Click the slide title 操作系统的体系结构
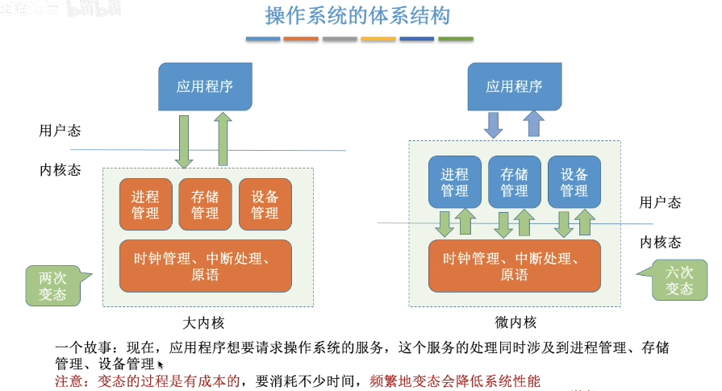pos(357,16)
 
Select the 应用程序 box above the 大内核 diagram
pos(205,86)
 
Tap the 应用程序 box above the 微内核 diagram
pos(514,86)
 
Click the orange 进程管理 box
pos(145,204)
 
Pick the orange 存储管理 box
pos(205,204)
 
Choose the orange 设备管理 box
pos(265,204)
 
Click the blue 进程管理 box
pos(454,181)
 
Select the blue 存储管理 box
pos(514,181)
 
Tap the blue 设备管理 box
pos(574,181)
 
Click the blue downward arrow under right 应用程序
pos(493,124)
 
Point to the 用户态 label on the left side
pos(60,131)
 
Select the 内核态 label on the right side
pos(660,242)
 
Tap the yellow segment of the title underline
pos(378,39)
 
